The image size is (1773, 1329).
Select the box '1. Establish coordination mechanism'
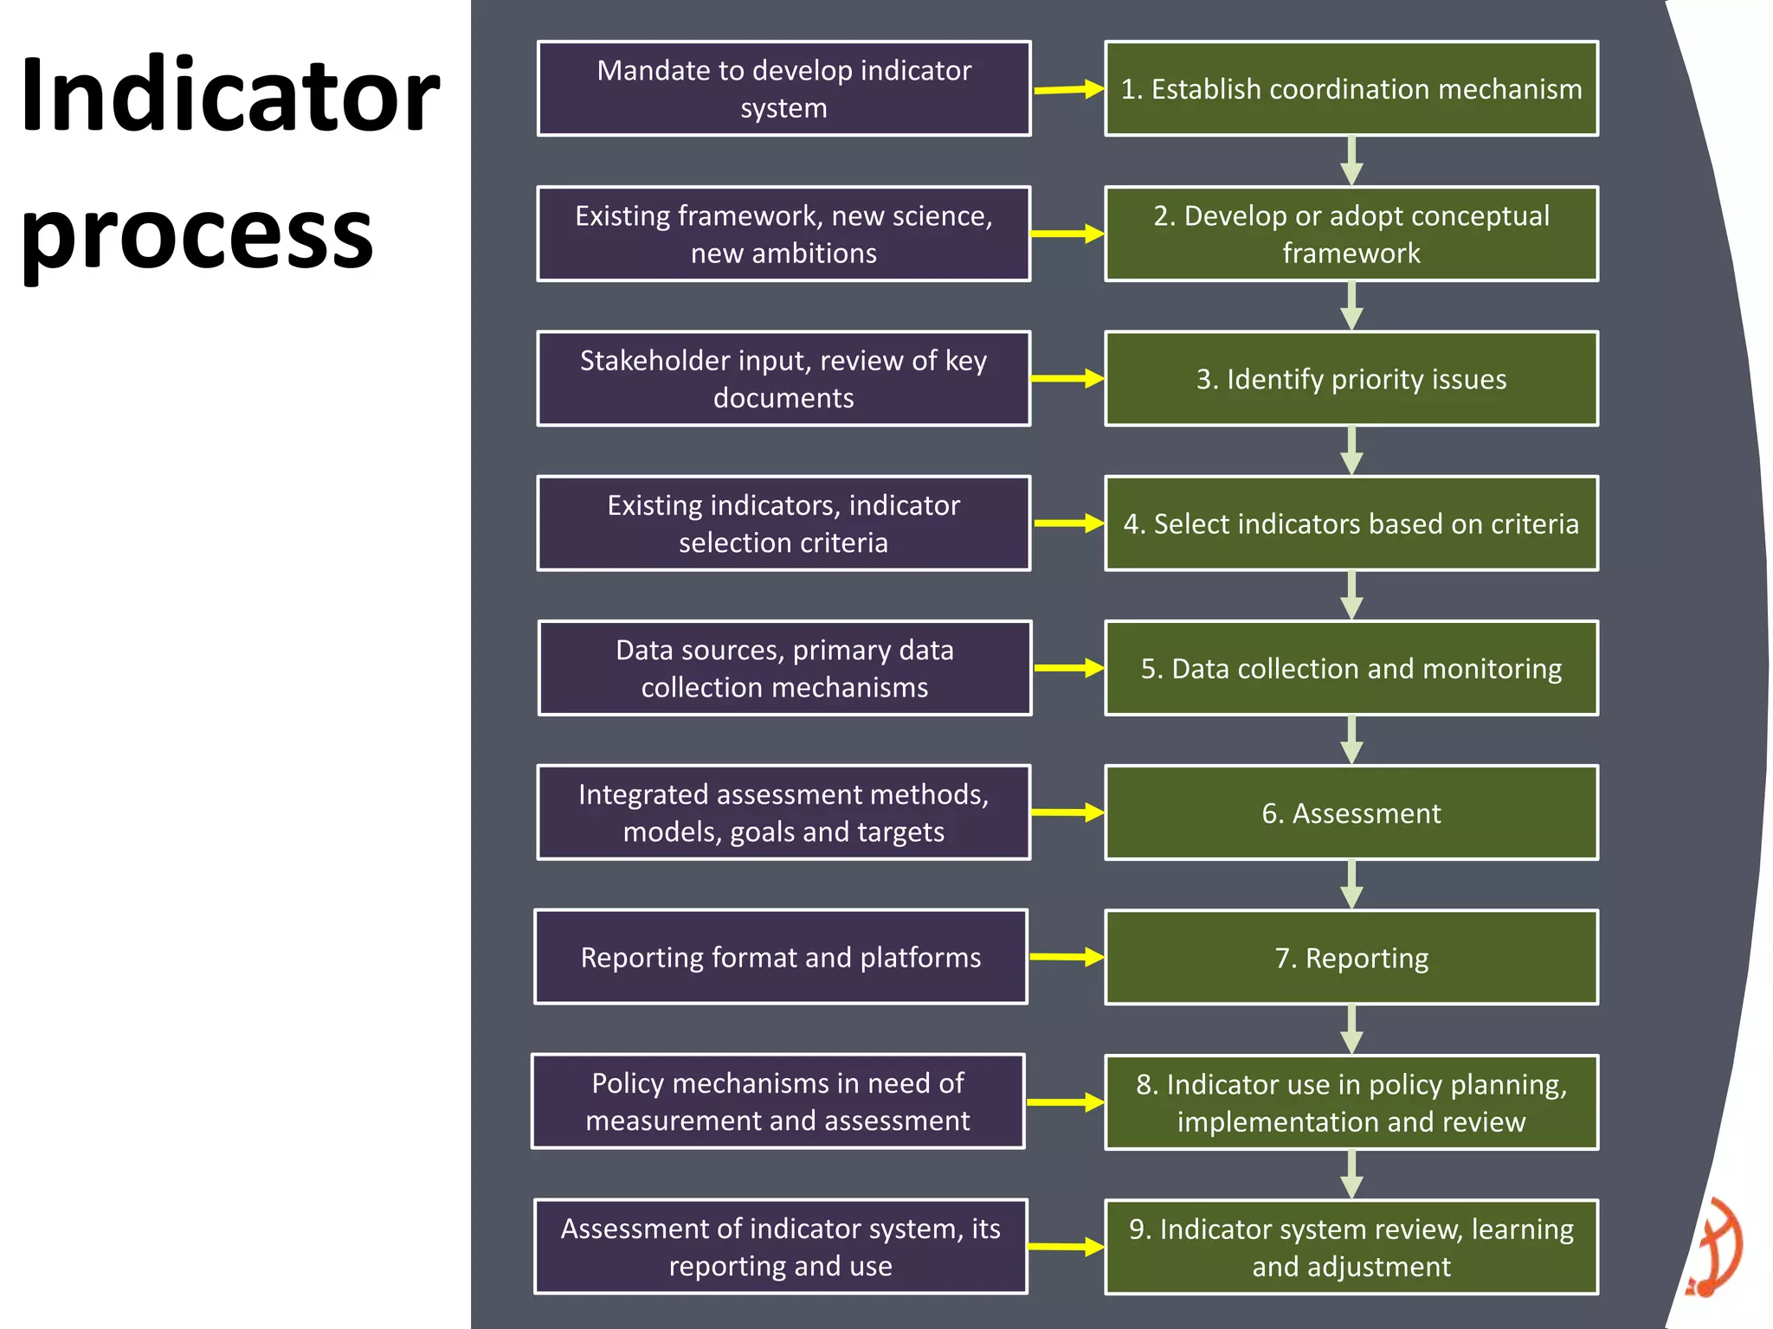[x=1351, y=89]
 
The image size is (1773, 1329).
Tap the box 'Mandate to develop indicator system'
[x=783, y=89]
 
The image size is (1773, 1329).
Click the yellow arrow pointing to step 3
[x=1067, y=379]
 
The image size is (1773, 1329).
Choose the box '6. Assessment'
[x=1351, y=813]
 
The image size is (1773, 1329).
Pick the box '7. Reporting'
[x=1351, y=958]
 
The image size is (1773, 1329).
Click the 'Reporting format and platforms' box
[x=780, y=957]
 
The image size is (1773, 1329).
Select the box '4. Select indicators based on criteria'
[x=1351, y=523]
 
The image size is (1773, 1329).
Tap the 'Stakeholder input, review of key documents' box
[x=783, y=379]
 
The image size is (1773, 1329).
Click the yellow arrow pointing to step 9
[x=1066, y=1247]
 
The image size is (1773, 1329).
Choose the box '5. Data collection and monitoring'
[x=1351, y=668]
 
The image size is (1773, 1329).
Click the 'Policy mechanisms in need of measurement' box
[x=777, y=1101]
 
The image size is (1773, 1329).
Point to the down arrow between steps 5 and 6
[x=1351, y=741]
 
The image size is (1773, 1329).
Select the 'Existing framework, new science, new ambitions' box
[x=783, y=234]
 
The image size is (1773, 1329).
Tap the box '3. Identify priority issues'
[x=1351, y=379]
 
